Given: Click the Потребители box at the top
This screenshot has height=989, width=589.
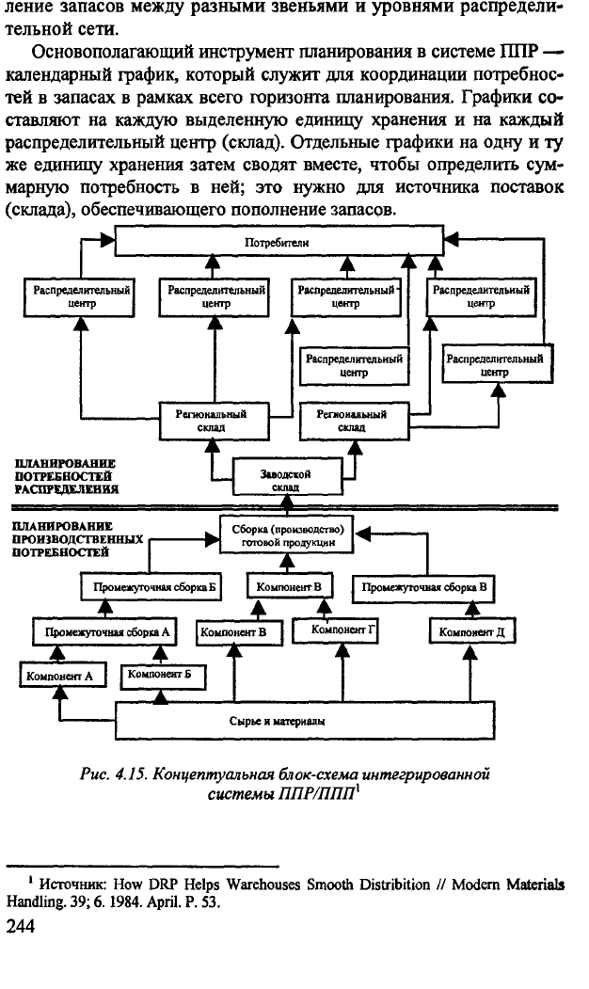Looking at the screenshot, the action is coord(279,241).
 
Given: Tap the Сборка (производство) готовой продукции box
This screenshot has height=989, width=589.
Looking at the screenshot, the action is coord(287,535).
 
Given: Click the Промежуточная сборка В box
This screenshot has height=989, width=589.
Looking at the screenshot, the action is coord(424,587).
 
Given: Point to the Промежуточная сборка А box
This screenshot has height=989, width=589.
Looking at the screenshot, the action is coord(105,632).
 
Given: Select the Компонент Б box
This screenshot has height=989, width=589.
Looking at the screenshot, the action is coord(163,675).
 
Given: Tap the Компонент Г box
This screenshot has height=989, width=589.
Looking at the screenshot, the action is coord(335,630).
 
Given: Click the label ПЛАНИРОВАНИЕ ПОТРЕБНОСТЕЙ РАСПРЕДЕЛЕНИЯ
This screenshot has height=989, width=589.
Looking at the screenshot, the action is coord(66,476).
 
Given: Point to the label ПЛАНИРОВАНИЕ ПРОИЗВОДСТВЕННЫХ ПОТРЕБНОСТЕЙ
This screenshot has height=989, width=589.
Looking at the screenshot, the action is coord(77,539).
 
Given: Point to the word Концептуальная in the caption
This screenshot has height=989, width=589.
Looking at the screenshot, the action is coord(209,774).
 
